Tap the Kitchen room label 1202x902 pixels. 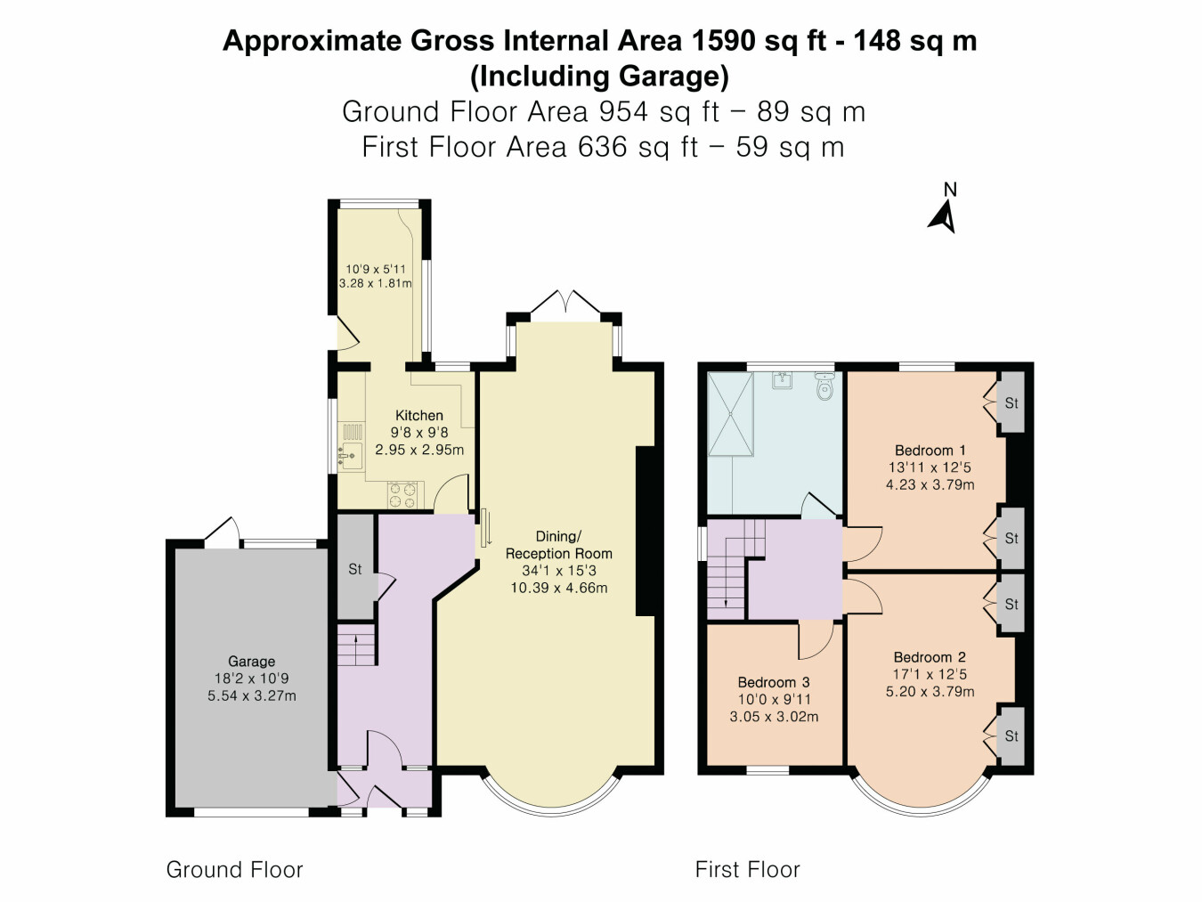(x=418, y=416)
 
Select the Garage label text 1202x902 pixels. (x=251, y=662)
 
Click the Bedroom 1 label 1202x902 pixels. (x=930, y=451)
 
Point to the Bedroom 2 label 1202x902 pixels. (x=930, y=657)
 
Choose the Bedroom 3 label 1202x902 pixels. (x=773, y=683)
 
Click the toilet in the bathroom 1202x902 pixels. (x=824, y=387)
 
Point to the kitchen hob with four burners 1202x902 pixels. (x=402, y=494)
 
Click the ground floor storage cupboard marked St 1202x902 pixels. (x=355, y=567)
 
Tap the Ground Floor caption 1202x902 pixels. (x=234, y=870)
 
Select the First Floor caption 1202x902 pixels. (x=747, y=870)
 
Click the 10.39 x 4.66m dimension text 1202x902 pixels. (x=558, y=588)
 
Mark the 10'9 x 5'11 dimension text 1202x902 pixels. (x=376, y=269)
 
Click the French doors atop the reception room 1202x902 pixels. (x=565, y=302)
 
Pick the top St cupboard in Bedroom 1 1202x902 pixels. (x=1011, y=402)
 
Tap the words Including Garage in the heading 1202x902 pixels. (x=599, y=77)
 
